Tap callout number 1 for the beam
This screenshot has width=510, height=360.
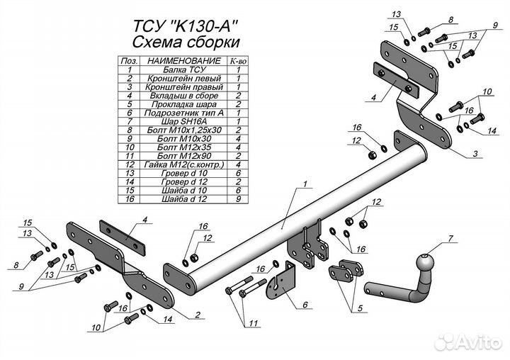[304, 184]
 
